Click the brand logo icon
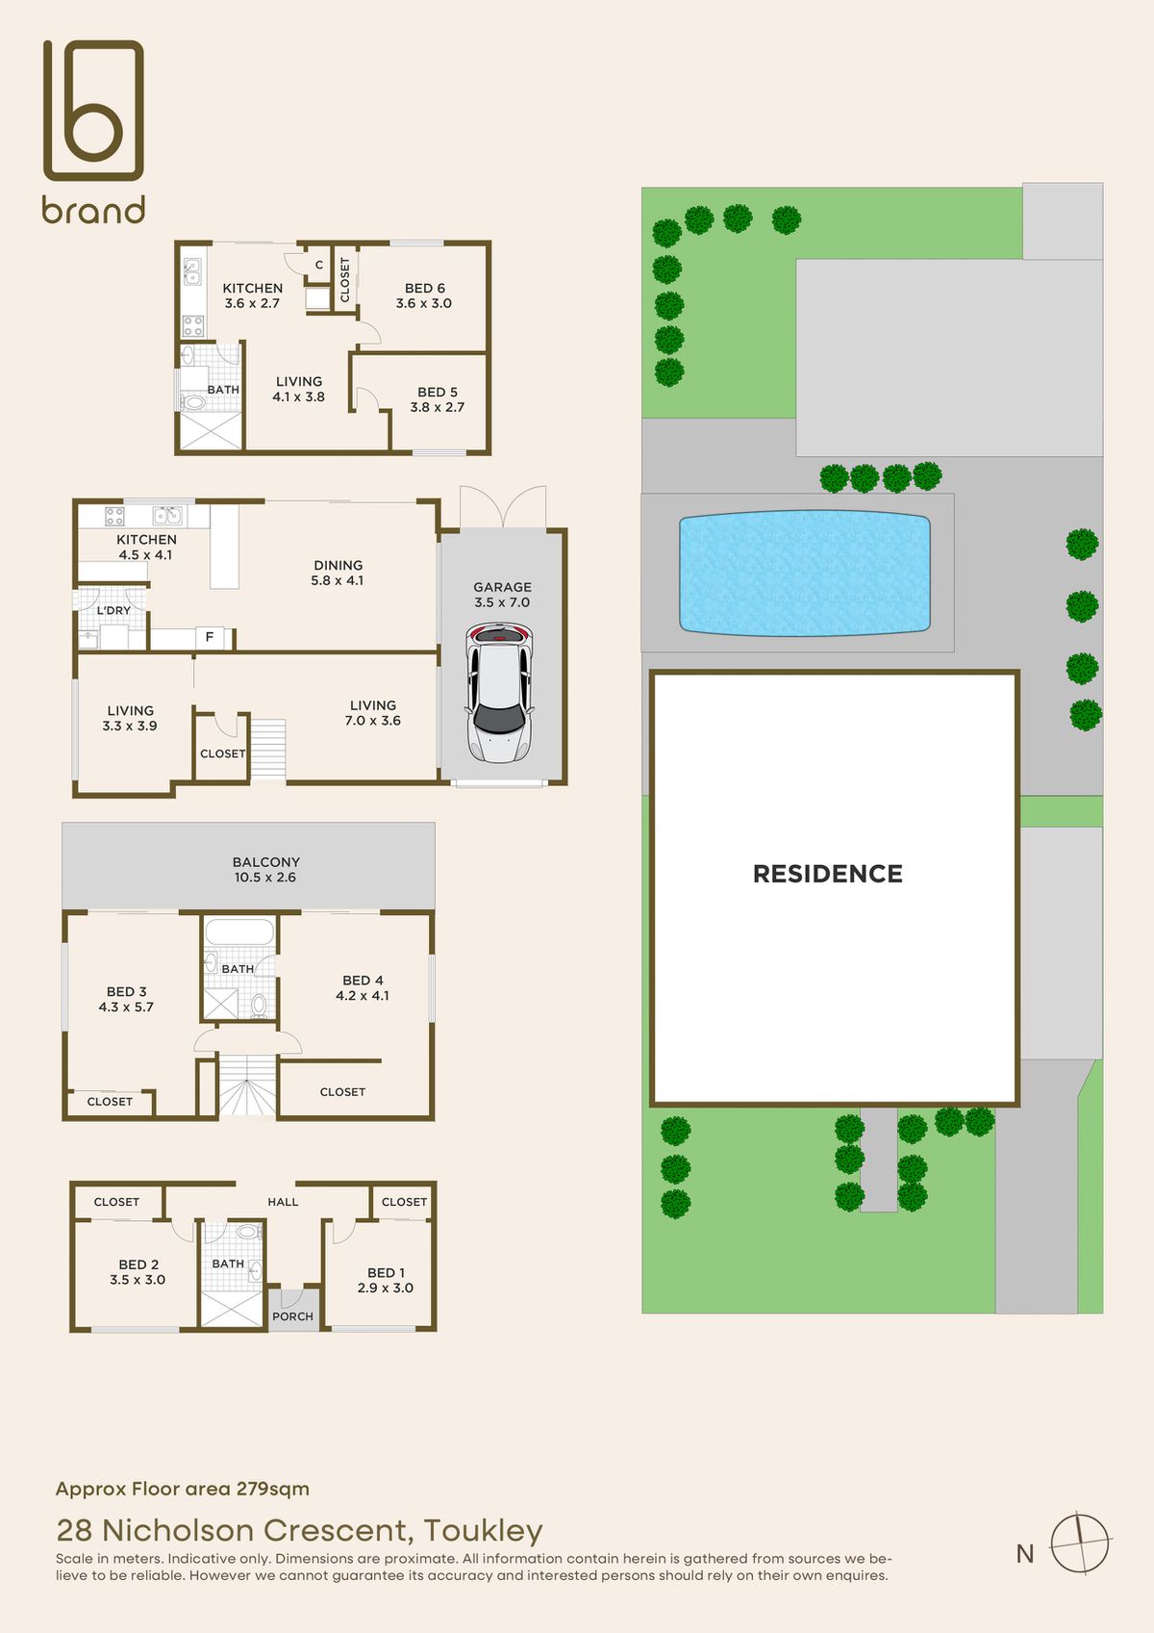tap(93, 110)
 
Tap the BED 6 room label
tap(424, 288)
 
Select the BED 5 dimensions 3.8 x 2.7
tap(438, 407)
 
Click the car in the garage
tap(499, 693)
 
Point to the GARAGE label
tap(502, 587)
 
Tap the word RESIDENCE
tap(827, 874)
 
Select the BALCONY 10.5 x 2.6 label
tap(266, 870)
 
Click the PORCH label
tap(292, 1316)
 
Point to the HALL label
tap(283, 1202)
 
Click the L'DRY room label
tap(113, 610)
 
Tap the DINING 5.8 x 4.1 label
tap(338, 573)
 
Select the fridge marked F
tap(210, 637)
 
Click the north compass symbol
tap(1079, 1544)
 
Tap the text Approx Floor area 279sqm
tap(183, 1489)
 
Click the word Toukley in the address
tap(483, 1530)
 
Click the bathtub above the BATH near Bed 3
tap(238, 931)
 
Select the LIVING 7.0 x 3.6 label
tap(373, 713)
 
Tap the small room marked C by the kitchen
tap(318, 265)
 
